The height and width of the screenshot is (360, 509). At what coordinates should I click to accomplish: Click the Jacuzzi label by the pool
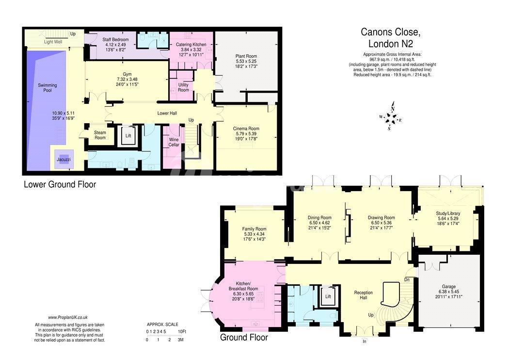(x=64, y=160)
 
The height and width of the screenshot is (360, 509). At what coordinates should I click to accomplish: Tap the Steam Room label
(x=100, y=135)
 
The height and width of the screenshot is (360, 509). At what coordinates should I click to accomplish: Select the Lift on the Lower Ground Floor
(x=128, y=135)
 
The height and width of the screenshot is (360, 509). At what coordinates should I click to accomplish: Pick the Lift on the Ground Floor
(x=328, y=296)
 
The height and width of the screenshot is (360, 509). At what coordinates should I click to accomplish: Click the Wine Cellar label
(x=174, y=142)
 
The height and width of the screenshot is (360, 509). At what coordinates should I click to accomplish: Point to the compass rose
(x=392, y=116)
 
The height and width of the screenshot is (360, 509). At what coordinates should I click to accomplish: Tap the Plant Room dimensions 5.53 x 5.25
(x=246, y=61)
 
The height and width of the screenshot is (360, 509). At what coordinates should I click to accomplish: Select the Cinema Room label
(x=246, y=129)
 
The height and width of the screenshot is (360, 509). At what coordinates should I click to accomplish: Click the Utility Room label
(x=183, y=87)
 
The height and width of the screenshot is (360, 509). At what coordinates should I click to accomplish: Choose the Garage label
(x=448, y=287)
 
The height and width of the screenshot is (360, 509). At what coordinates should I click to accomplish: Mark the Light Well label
(x=53, y=42)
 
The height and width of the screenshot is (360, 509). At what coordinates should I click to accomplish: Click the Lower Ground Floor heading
(x=60, y=184)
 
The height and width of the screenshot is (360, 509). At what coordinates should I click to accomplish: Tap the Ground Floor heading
(x=244, y=337)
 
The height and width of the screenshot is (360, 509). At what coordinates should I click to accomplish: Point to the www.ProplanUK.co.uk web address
(x=68, y=317)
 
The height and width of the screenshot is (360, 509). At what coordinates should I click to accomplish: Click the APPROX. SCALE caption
(x=162, y=324)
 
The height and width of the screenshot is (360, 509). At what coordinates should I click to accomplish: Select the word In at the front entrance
(x=365, y=342)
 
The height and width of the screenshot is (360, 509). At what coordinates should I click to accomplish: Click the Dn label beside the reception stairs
(x=407, y=279)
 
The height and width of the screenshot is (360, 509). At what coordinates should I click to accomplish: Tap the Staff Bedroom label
(x=115, y=39)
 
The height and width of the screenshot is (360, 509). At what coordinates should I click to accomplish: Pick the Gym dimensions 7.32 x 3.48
(x=127, y=79)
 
